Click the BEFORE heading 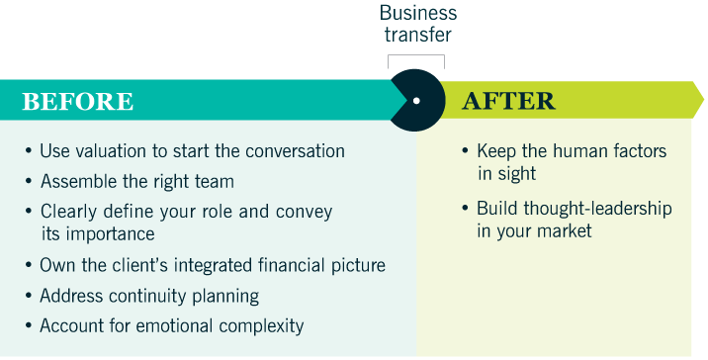point(78,101)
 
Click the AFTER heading point(508,101)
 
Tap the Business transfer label point(417,24)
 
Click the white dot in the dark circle point(416,101)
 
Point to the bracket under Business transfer point(416,55)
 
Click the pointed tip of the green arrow point(703,100)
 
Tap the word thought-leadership point(597,209)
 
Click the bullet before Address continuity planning point(29,297)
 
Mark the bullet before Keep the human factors point(466,151)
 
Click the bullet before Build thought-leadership point(466,209)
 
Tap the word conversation point(296,151)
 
